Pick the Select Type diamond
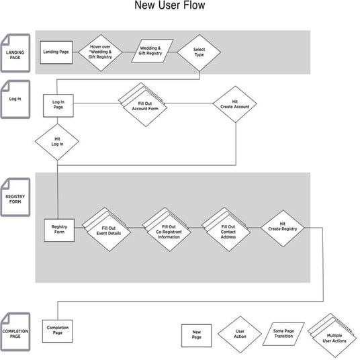pos(199,52)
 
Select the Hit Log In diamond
pos(58,141)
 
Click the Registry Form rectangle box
pos(59,230)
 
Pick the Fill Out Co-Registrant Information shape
pos(168,230)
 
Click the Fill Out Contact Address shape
pos(228,230)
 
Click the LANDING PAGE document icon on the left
pos(15,53)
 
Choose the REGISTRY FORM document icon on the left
pos(15,197)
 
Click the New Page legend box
pos(197,334)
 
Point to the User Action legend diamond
pos(240,334)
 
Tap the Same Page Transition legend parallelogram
pos(283,334)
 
